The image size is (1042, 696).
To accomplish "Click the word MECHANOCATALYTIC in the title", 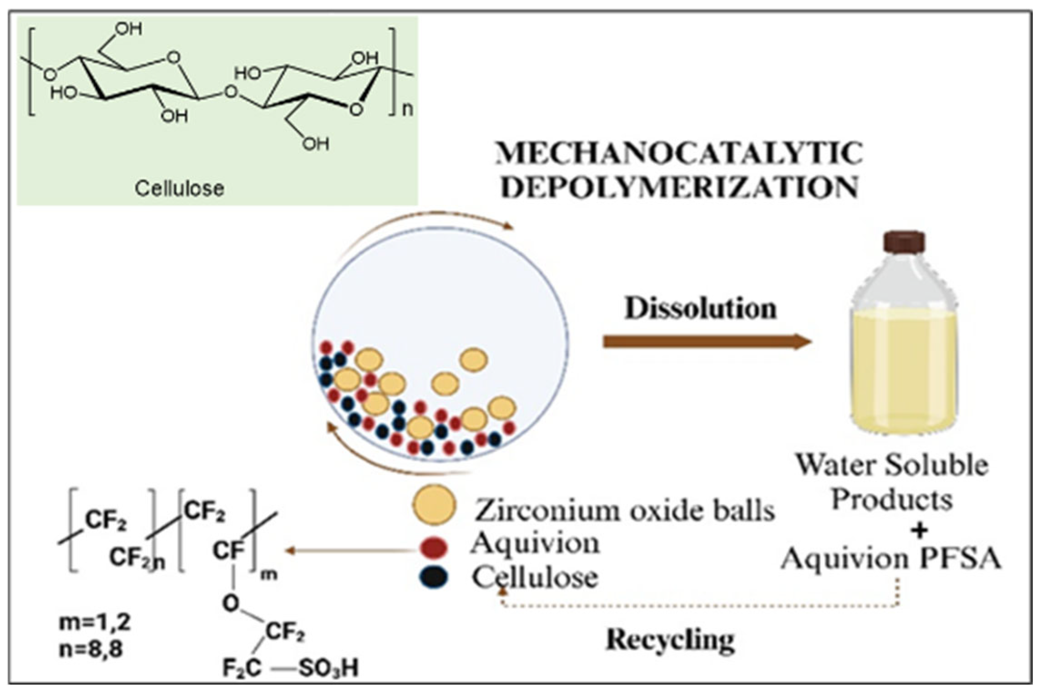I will [x=678, y=153].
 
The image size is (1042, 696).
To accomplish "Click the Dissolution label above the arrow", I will [x=700, y=308].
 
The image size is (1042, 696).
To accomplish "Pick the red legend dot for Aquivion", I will [x=434, y=546].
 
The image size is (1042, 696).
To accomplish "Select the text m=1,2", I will [x=95, y=623].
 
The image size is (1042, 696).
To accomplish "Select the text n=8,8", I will [x=91, y=649].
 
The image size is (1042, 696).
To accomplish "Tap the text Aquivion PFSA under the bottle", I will [x=891, y=558].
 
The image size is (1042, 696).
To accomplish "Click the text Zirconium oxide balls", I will [x=624, y=511].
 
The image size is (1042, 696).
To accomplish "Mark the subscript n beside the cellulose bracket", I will [x=408, y=110].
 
